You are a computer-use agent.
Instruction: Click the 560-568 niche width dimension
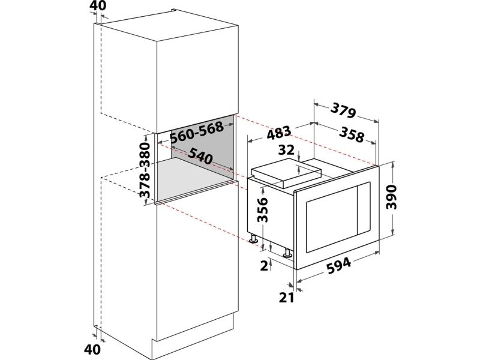click(x=197, y=133)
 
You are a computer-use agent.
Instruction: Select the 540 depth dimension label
click(x=200, y=155)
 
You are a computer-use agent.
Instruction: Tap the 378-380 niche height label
click(x=145, y=170)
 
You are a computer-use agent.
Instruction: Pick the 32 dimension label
click(x=287, y=150)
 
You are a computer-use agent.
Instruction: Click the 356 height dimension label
click(x=263, y=209)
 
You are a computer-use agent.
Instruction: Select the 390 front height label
click(x=392, y=197)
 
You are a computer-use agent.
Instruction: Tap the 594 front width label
click(x=338, y=265)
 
